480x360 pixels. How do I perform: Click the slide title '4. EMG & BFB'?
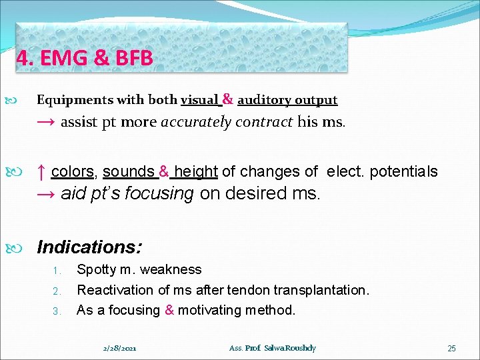[x=85, y=58]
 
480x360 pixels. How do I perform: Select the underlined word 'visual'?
[x=198, y=100]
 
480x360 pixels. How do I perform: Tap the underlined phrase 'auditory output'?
[x=287, y=100]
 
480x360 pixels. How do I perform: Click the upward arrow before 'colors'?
[x=41, y=172]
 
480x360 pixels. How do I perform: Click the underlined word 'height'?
[x=196, y=172]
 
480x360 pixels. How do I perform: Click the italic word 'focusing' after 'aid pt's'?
[x=159, y=194]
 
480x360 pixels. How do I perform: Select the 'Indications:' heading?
[x=89, y=247]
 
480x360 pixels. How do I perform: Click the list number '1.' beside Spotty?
[x=57, y=271]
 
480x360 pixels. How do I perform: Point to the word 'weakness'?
[x=170, y=270]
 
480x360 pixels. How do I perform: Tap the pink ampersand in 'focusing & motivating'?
[x=169, y=310]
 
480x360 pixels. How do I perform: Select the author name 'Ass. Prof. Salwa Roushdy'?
[x=272, y=348]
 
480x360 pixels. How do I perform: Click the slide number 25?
[x=451, y=348]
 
